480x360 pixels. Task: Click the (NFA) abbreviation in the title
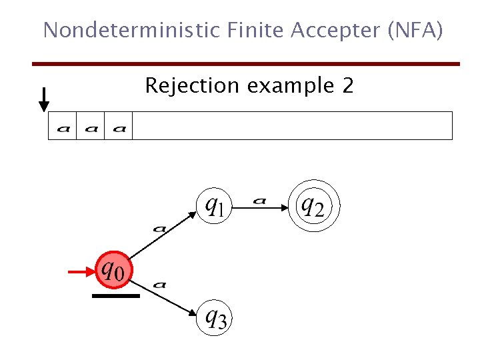417,30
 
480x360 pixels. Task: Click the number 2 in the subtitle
348,86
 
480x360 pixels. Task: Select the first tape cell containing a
63,127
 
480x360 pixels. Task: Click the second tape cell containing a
91,127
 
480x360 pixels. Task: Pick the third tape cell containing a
119,127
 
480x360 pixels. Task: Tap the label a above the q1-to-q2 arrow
261,199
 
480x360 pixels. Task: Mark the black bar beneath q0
115,295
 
